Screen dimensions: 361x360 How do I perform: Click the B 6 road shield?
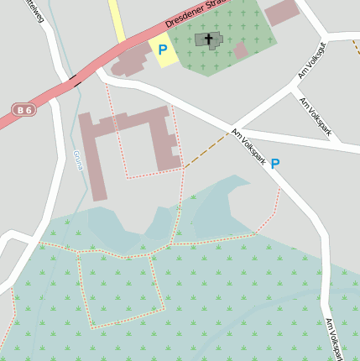pos(23,110)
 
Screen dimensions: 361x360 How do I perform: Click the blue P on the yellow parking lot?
pos(162,50)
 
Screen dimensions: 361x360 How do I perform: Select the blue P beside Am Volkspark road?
pos(274,165)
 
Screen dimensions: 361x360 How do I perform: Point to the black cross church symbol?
pos(207,39)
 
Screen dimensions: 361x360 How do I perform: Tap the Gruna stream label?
pos(78,160)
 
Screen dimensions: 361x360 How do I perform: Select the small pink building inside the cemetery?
pos(241,50)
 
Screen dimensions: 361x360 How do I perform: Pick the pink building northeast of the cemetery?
pos(282,12)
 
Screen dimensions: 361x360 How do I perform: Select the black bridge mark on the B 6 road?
pos(76,81)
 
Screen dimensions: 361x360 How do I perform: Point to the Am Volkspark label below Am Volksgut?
pos(316,115)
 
